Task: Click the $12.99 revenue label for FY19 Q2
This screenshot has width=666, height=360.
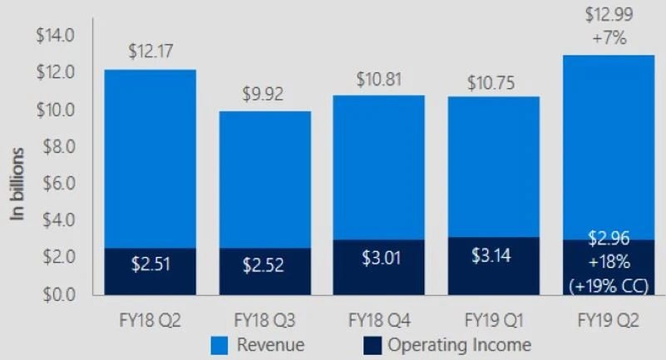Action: pyautogui.click(x=608, y=15)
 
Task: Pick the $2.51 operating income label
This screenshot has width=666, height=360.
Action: pyautogui.click(x=150, y=267)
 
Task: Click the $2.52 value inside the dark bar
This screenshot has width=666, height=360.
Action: pyautogui.click(x=264, y=267)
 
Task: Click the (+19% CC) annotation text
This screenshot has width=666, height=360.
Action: pyautogui.click(x=608, y=286)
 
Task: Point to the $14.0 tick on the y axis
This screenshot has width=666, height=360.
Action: pyautogui.click(x=56, y=36)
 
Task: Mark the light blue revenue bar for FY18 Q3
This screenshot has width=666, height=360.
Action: pyautogui.click(x=264, y=179)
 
